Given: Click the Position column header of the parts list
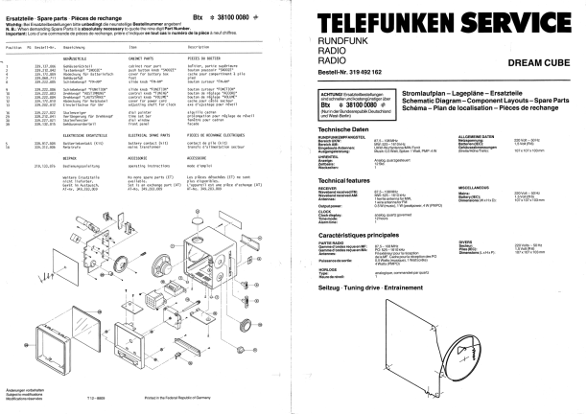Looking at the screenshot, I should (x=12, y=47).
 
